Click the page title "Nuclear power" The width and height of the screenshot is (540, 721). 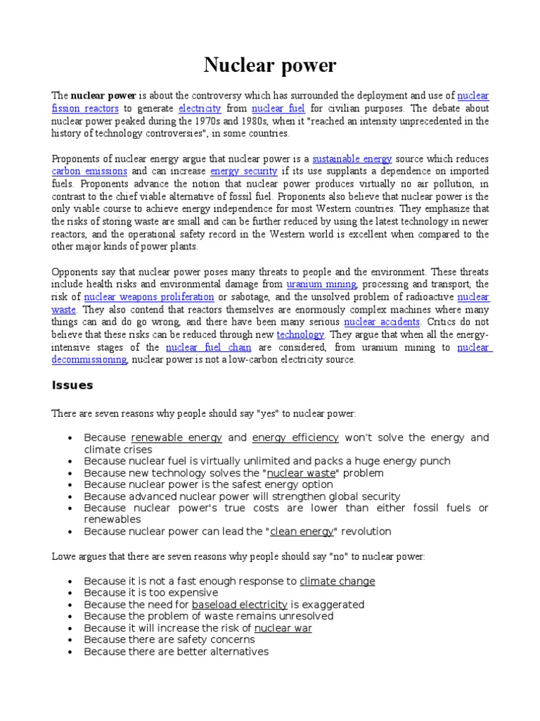[270, 66]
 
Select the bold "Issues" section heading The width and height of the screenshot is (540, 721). [72, 385]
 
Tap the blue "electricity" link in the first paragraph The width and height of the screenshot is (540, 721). [200, 108]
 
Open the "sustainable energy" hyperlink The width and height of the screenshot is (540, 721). [352, 159]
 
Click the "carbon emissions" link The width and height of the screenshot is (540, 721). [89, 171]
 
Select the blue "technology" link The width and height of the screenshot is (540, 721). [300, 334]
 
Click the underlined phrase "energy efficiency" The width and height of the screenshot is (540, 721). [295, 438]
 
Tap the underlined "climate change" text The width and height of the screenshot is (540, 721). [337, 582]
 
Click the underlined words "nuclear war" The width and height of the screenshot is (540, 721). [283, 628]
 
